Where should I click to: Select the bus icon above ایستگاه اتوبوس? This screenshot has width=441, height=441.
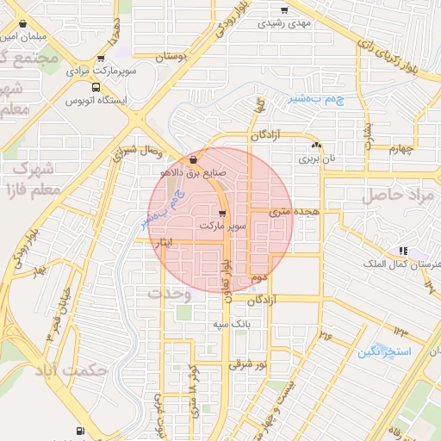pos(94,87)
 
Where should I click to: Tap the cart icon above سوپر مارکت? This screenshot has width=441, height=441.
pos(223,213)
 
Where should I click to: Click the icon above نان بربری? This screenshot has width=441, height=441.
pos(318,146)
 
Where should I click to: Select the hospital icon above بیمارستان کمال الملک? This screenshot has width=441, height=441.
pos(401,251)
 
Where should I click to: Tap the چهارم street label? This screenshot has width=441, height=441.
pos(401,149)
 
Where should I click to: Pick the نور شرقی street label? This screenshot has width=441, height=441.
pos(249,364)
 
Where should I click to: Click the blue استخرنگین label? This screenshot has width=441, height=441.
pos(385,352)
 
